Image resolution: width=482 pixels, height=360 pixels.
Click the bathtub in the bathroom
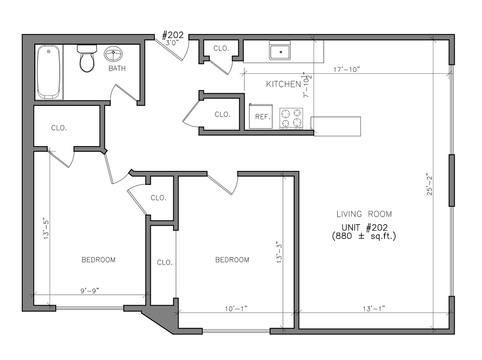pos(49,72)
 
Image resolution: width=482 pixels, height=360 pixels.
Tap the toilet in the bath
pos(87,58)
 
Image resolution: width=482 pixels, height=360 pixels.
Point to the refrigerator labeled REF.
pos(261,116)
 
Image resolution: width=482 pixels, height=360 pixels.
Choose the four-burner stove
pos(291,118)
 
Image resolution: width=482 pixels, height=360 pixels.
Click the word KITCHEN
pos(283,84)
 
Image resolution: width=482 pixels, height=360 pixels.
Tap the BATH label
pos(117,69)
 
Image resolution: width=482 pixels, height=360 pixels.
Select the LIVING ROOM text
pos(364,214)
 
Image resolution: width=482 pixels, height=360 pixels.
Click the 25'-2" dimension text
pos(429,186)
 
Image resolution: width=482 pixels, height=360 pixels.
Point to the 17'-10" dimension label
pos(347,69)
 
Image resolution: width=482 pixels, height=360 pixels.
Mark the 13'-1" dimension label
pos(374,309)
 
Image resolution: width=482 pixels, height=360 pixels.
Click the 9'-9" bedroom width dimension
pos(90,291)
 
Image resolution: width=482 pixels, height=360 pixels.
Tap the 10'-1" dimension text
pos(236,309)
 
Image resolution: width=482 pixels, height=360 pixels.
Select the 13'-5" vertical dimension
pos(46,228)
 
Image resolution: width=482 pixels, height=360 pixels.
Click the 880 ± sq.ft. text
pos(364,236)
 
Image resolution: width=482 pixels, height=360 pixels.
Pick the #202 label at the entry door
pos(173,35)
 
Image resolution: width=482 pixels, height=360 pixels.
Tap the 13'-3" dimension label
pos(279,253)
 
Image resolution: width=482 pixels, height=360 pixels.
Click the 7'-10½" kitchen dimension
pos(307,85)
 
